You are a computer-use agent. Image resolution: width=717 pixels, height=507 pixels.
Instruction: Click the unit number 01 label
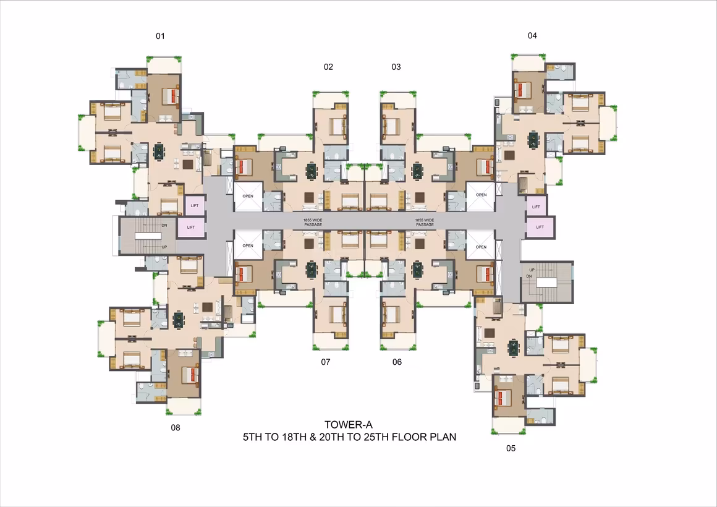pos(160,36)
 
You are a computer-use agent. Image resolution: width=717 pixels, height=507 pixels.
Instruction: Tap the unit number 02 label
pos(328,67)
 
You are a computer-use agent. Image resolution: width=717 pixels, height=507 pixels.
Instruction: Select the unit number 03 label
pos(396,67)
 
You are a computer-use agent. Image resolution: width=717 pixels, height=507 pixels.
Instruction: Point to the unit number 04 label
pos(532,36)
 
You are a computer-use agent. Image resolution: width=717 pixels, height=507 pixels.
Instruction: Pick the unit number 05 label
pos(511,448)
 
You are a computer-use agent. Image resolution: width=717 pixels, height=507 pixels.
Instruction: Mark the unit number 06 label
pos(397,362)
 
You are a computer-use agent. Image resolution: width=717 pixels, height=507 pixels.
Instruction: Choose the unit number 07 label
pos(326,362)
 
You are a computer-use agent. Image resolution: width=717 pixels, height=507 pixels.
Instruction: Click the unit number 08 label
pos(176,428)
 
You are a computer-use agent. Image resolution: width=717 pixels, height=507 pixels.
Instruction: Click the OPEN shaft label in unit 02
pos(248,196)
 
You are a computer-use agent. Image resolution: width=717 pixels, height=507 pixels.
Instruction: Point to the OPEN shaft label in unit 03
pos(481,195)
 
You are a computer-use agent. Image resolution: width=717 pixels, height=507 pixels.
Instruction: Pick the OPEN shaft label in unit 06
pos(481,247)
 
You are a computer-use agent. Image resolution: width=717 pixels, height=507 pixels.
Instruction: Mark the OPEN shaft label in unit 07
pos(248,245)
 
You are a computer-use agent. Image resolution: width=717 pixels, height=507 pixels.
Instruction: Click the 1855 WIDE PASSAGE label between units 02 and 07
pos(313,223)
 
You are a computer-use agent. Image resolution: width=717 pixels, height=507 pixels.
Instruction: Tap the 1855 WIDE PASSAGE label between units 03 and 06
pos(425,223)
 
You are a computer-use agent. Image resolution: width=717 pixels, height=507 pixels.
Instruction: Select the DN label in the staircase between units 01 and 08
pos(164,226)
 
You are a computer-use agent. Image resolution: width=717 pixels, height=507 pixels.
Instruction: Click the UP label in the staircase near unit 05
pos(532,270)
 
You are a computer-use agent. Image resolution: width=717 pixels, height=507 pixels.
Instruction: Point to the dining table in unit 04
pos(533,139)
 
